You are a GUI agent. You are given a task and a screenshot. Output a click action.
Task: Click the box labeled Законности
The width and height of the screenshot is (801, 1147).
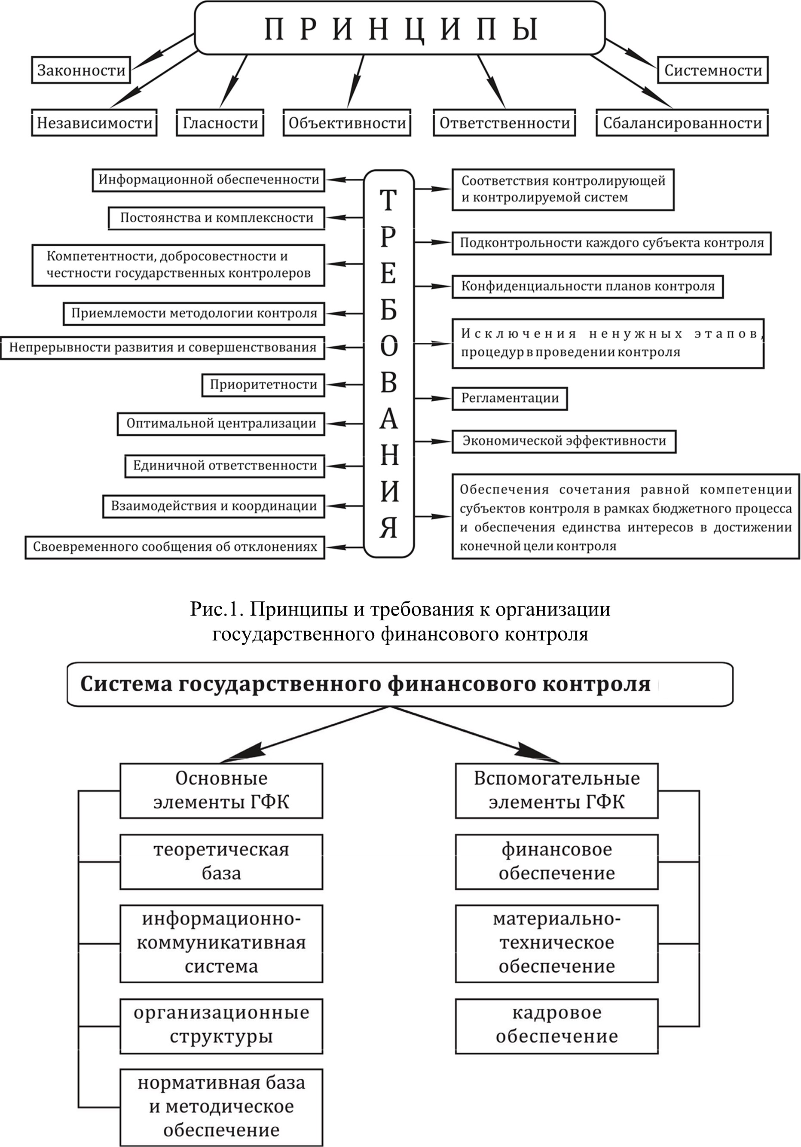(81, 70)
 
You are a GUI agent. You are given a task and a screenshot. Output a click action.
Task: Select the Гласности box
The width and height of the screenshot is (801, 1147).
(220, 123)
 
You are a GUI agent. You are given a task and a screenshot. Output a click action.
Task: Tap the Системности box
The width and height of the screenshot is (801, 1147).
(713, 70)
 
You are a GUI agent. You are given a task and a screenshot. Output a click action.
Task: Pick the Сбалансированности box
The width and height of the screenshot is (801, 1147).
(682, 123)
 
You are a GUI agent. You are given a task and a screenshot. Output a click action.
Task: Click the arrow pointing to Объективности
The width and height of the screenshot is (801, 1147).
(359, 80)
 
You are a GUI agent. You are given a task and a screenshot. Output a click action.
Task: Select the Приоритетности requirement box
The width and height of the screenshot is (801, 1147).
(263, 384)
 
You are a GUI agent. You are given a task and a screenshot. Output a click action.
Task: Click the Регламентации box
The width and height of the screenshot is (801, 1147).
(510, 399)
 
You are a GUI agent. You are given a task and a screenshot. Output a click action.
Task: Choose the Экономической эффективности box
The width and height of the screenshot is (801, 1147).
(564, 441)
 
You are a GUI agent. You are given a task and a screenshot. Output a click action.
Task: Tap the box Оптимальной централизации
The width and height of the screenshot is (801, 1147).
(221, 424)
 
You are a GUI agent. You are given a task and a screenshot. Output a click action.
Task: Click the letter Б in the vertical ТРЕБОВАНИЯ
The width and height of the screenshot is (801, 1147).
(389, 311)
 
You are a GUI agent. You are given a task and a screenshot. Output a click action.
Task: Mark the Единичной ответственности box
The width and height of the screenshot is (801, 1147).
(225, 466)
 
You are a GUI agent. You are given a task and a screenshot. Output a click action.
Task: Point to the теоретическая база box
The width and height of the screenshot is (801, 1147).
(221, 861)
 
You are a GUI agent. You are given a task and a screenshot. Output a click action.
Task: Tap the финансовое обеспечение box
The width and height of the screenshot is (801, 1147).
(556, 861)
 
